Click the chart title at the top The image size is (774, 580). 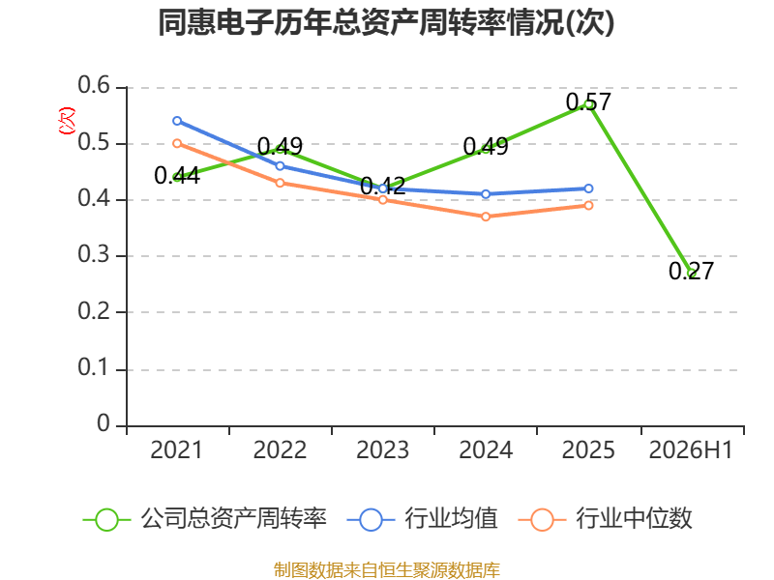[x=386, y=22]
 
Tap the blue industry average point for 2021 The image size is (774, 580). [x=177, y=121]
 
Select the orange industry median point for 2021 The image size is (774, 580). [x=177, y=143]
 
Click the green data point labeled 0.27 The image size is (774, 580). [x=691, y=273]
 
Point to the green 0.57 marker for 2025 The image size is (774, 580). [x=588, y=104]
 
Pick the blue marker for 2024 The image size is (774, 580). [x=486, y=194]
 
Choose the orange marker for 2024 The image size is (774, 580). [x=486, y=217]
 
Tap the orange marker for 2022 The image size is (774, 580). [x=280, y=183]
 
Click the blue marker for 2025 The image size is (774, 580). [x=588, y=188]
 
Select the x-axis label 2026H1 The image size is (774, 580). [x=691, y=449]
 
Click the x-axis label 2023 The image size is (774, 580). [x=382, y=449]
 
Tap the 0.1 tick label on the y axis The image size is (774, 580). [x=94, y=367]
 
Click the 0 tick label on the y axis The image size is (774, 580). [x=104, y=423]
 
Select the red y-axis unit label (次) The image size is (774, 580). [x=67, y=121]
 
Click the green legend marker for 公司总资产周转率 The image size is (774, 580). [x=106, y=520]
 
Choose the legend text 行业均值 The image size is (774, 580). [x=451, y=519]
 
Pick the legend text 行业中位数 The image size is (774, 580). [x=634, y=519]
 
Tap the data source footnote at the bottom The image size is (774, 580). [x=386, y=570]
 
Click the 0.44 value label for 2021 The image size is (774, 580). [x=177, y=176]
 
